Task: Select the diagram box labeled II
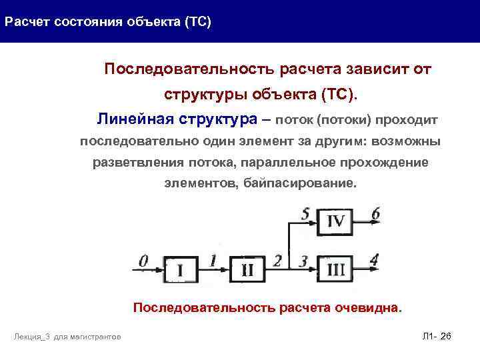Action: pyautogui.click(x=247, y=271)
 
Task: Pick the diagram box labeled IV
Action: pyautogui.click(x=335, y=221)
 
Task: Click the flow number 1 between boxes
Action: pyautogui.click(x=213, y=259)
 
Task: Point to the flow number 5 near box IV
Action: pyautogui.click(x=305, y=214)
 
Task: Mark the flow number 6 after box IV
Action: pyautogui.click(x=375, y=214)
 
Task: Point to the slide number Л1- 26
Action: pyautogui.click(x=437, y=337)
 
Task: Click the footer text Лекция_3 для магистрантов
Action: pyautogui.click(x=67, y=337)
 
